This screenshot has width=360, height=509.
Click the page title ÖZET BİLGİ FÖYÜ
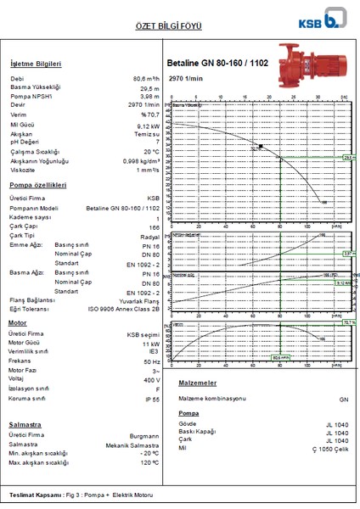(179, 26)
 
